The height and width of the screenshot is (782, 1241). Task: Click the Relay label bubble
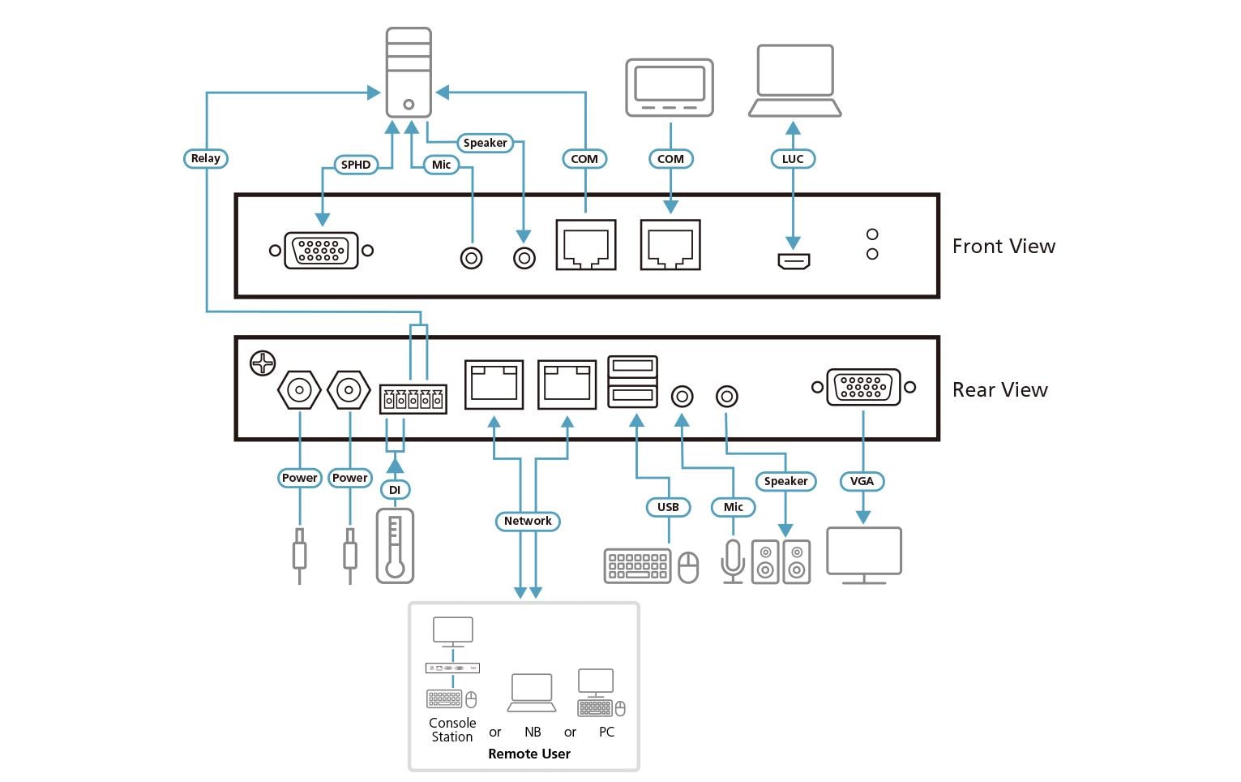pos(205,158)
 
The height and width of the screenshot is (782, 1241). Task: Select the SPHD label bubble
pos(356,165)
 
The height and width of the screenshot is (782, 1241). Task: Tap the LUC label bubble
pos(792,159)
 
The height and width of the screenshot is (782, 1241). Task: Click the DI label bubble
pos(395,490)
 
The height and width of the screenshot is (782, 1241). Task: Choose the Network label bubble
pos(528,521)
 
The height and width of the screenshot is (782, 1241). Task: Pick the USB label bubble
pos(668,507)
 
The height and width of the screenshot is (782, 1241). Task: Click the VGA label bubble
pos(862,481)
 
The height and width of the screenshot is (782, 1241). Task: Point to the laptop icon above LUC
pos(794,81)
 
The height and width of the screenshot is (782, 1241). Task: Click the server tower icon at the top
pos(409,72)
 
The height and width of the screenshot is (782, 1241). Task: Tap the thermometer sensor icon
pos(395,546)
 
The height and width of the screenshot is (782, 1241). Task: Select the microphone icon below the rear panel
pos(733,560)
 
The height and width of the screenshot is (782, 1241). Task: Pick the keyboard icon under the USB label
pos(637,565)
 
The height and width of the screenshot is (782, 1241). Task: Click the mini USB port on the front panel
pos(794,261)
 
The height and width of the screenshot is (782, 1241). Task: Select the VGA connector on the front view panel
pos(321,251)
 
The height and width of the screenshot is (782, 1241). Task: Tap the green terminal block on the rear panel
pos(413,399)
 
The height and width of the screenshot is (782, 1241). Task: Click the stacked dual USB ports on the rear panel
pos(633,381)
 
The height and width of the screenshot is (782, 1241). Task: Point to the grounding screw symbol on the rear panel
pos(263,363)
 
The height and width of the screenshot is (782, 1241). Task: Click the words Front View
pos(1003,247)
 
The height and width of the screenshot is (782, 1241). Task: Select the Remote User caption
pos(529,754)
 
